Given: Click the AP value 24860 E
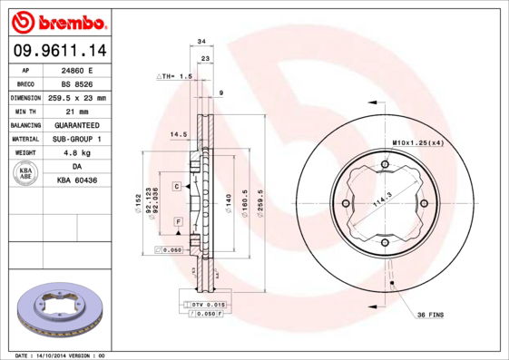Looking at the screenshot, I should [x=78, y=69].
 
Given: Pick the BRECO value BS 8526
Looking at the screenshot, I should [x=78, y=83].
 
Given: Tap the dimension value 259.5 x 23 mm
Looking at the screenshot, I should [x=78, y=97].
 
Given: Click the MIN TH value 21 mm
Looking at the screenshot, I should [x=78, y=111].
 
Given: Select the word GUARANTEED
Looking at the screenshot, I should [x=78, y=124].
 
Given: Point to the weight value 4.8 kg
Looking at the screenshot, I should [x=78, y=152].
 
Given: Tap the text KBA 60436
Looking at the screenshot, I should [x=78, y=180].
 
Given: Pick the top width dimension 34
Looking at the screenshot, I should [x=201, y=42].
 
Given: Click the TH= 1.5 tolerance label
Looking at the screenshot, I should [x=176, y=76].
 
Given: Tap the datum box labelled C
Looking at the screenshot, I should [x=177, y=185].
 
